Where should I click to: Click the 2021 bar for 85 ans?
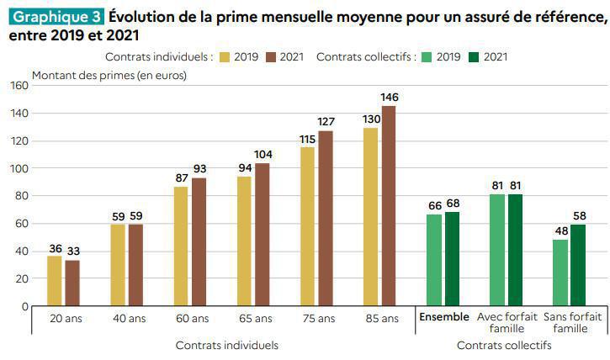pos(389,206)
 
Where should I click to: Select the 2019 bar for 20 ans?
pos(54,281)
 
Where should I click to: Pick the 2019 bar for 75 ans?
pos(307,227)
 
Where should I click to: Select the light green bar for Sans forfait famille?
pos(560,273)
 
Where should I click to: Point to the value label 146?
pos(389,98)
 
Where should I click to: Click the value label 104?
pos(263,155)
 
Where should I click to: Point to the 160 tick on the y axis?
pos(19,86)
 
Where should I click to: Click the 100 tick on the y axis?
pos(19,168)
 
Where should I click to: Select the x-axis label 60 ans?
pos(193,319)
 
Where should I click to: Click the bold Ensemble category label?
pos(443,317)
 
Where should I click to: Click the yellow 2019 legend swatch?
pos(225,57)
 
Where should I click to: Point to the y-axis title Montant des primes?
pos(109,75)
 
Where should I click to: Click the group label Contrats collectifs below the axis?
pos(504,345)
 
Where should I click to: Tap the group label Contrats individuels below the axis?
pos(226,345)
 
